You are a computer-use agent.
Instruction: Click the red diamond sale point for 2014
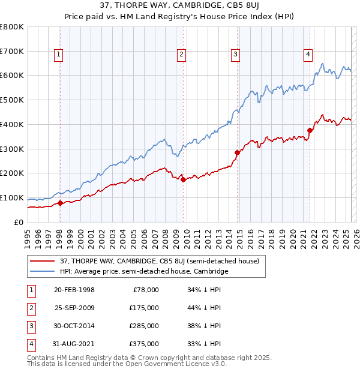[x=237, y=152]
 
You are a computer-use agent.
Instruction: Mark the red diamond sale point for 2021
[x=310, y=130]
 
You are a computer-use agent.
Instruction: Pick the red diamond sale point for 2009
[x=183, y=179]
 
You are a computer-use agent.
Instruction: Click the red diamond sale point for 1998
[x=61, y=203]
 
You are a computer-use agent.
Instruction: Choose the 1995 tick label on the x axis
[x=27, y=235]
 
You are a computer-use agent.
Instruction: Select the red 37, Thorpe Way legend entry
[x=159, y=261]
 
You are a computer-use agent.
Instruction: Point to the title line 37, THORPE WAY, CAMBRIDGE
[x=179, y=7]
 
